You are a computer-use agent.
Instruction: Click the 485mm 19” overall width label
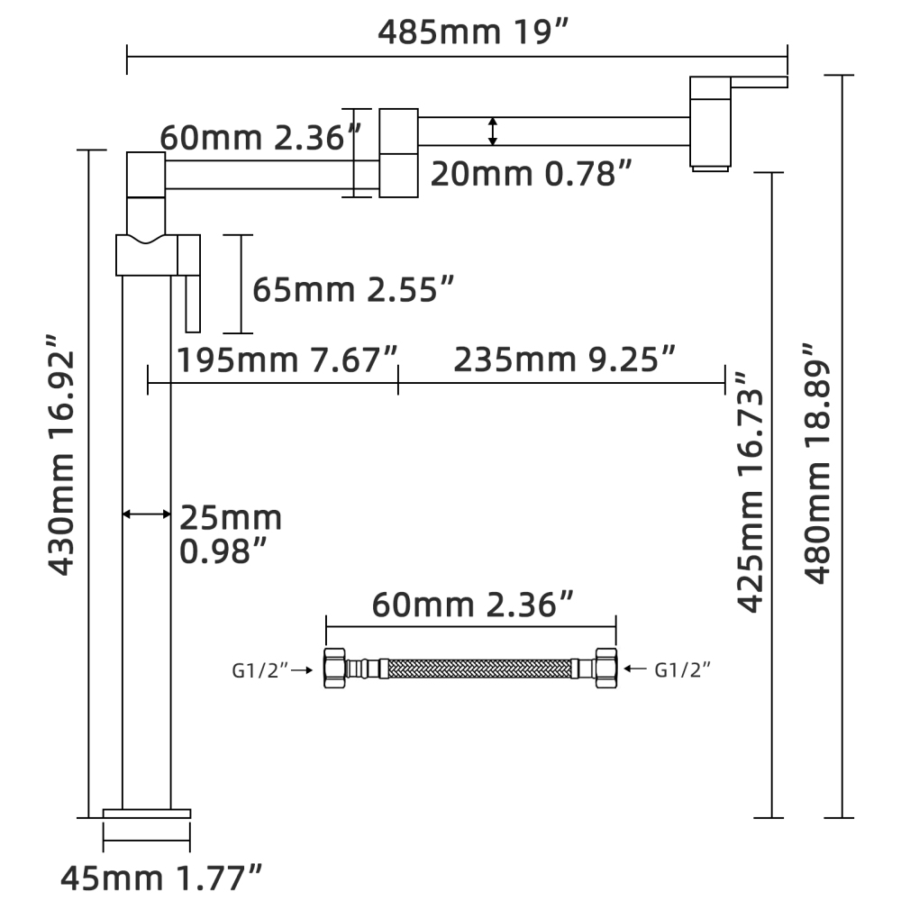[x=472, y=32]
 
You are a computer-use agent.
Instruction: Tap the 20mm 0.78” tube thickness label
[x=531, y=174]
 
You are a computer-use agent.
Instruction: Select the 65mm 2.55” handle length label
[x=353, y=289]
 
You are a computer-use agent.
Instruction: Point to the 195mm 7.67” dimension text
[x=287, y=360]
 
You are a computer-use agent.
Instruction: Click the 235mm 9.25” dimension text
[x=564, y=359]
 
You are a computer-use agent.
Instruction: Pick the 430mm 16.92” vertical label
[x=61, y=454]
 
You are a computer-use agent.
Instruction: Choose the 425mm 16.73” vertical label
[x=751, y=493]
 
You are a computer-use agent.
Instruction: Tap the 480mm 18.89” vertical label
[x=817, y=463]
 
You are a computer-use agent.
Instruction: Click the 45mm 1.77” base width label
[x=161, y=878]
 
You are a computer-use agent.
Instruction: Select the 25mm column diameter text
[x=231, y=518]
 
